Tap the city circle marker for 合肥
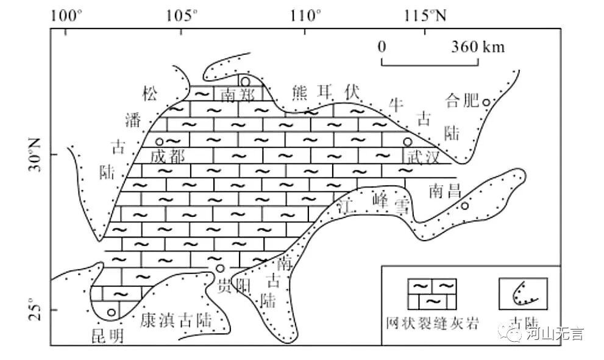click(487, 102)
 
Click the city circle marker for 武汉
click(407, 141)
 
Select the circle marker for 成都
click(160, 142)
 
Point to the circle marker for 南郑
click(245, 82)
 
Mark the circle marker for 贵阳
click(220, 268)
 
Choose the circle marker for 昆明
click(111, 312)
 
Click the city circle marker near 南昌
click(464, 206)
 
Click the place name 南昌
click(445, 191)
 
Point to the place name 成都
click(168, 157)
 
